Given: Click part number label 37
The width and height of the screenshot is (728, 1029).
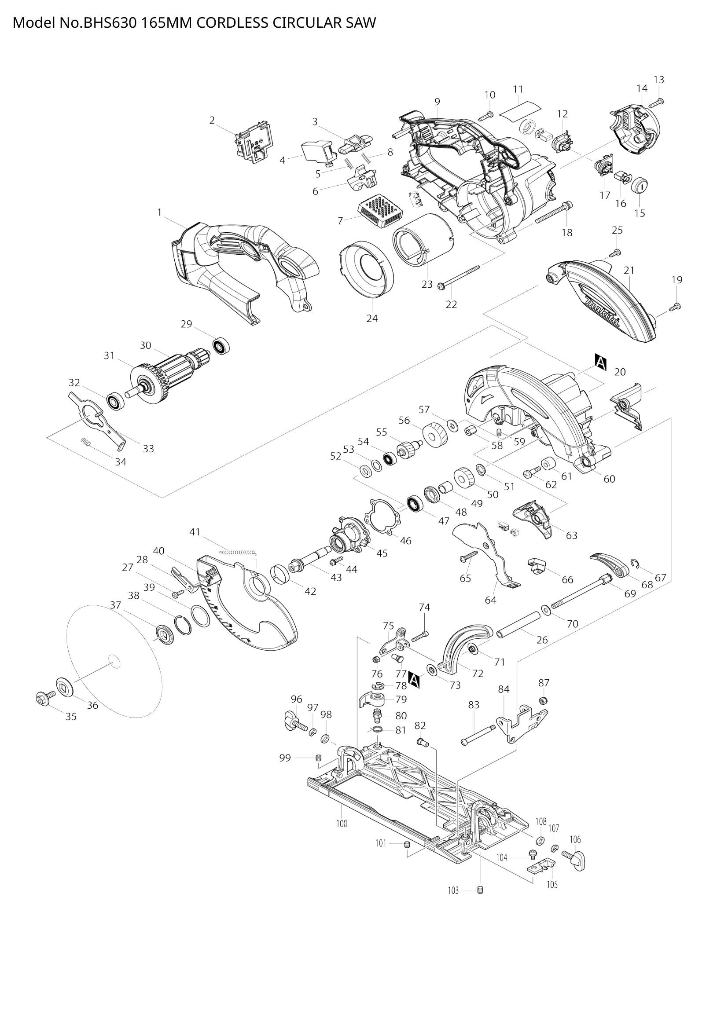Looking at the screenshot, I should (116, 605).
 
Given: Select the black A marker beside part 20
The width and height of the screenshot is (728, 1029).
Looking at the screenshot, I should (600, 362).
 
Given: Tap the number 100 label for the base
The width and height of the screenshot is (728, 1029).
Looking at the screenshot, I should (342, 824).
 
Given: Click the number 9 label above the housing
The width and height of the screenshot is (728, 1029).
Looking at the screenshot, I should (437, 102).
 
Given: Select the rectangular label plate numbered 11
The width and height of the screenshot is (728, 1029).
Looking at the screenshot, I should (520, 110).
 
